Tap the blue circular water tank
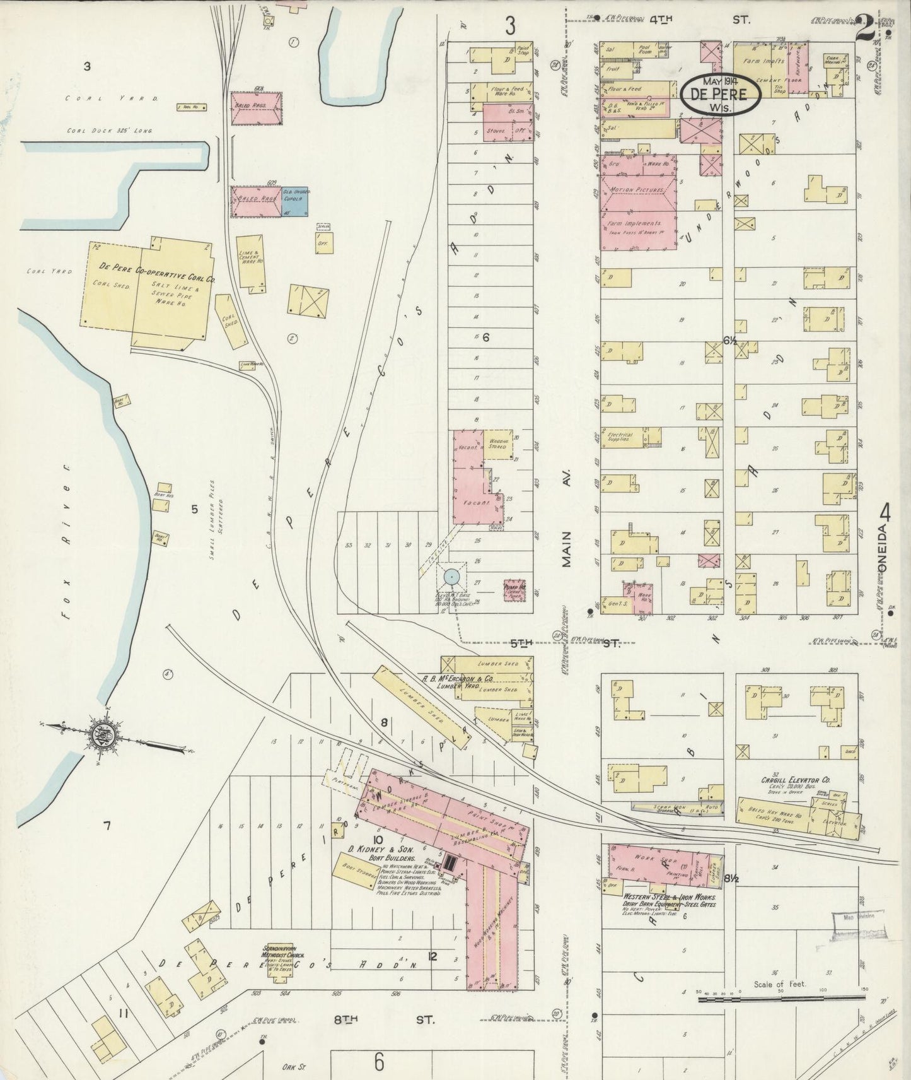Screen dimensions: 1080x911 pyautogui.click(x=451, y=576)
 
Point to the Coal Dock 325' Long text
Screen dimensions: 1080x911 pyautogui.click(x=110, y=131)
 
